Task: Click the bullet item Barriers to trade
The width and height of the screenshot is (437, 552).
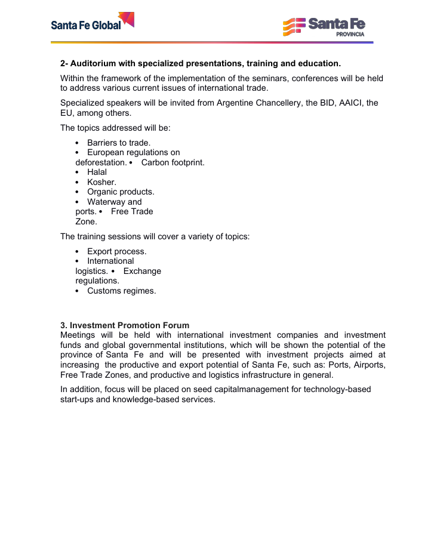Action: coord(119,143)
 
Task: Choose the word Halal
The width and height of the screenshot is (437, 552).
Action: coord(97,172)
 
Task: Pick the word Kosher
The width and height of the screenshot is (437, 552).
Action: coord(101,182)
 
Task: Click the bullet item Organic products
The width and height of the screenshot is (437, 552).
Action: coord(121,192)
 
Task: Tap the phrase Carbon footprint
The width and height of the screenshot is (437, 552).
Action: coord(173,162)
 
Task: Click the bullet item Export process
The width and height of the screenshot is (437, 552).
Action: coord(116,251)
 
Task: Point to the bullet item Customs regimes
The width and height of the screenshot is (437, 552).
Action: coord(121,291)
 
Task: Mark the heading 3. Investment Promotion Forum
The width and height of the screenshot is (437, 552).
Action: coord(125,325)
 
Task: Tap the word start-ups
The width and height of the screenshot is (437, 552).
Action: coord(78,399)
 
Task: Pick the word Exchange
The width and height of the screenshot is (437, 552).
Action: coord(142,271)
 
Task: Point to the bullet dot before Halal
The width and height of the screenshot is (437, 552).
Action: coord(78,172)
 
